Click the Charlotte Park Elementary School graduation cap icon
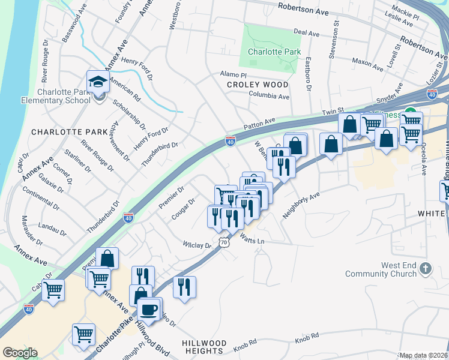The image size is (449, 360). coord(97,80)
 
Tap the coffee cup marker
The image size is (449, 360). coord(149,310)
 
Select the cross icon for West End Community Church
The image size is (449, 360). coord(426,268)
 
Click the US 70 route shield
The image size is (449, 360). coord(224,241)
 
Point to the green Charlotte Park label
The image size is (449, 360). coord(274,52)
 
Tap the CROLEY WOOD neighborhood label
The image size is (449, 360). coord(258,85)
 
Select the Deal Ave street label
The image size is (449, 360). coord(306,32)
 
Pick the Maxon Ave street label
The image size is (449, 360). coord(367,61)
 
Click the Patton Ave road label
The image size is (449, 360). coord(259,124)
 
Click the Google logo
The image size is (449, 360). coord(20,353)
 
